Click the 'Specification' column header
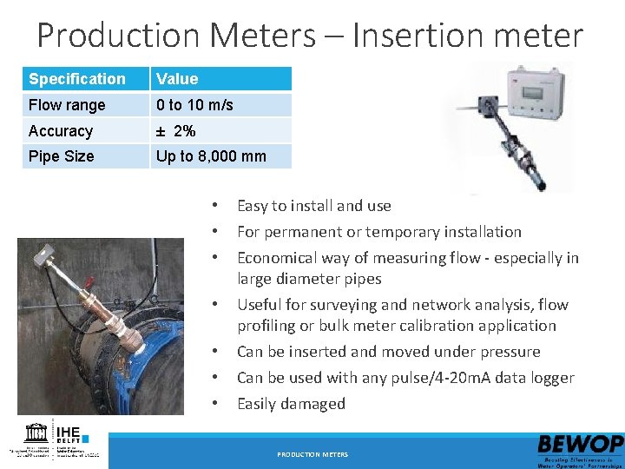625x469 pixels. [x=77, y=79]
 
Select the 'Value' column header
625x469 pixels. [x=177, y=79]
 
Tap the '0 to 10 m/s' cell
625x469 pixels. [x=194, y=105]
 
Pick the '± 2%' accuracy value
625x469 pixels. [x=175, y=131]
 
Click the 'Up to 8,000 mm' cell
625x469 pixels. [x=211, y=156]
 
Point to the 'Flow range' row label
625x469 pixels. [x=67, y=105]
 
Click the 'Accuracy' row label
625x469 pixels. [x=61, y=131]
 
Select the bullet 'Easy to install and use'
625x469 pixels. [x=313, y=206]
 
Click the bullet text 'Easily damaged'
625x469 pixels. [x=291, y=404]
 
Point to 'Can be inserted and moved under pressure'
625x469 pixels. [x=388, y=352]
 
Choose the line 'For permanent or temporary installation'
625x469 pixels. [x=378, y=232]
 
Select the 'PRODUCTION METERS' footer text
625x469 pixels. [x=312, y=454]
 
